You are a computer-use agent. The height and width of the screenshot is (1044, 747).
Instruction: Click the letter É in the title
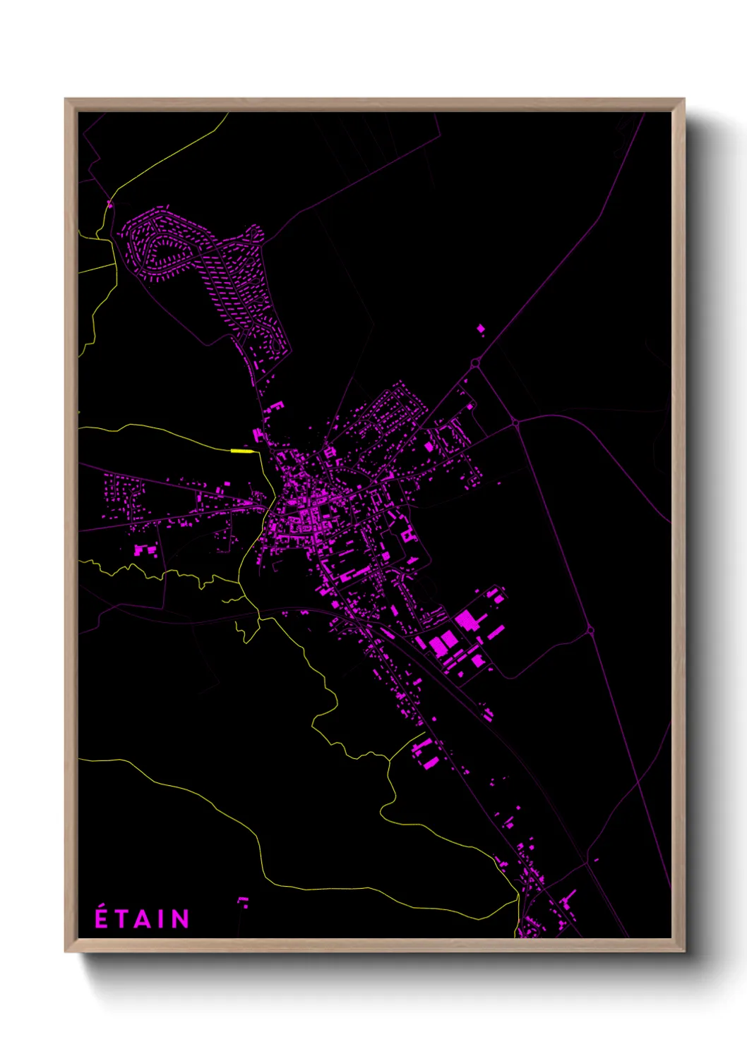(102, 918)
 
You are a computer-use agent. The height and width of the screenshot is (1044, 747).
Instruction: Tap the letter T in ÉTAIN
(121, 919)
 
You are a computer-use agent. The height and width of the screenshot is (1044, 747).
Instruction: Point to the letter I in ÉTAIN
(162, 919)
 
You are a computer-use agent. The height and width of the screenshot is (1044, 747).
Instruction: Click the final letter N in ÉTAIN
(181, 919)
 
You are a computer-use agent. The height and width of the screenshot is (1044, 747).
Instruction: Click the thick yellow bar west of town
(241, 451)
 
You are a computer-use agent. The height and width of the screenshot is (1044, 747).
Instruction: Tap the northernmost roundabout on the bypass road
(475, 363)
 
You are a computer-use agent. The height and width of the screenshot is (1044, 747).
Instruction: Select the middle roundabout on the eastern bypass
(516, 423)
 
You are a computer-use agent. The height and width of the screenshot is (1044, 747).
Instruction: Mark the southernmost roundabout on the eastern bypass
(590, 630)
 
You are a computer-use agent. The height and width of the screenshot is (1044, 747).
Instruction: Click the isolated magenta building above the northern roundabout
(481, 328)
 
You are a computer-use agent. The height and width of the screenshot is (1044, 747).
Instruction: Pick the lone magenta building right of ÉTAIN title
(243, 901)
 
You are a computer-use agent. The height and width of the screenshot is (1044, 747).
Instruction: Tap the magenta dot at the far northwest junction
(109, 205)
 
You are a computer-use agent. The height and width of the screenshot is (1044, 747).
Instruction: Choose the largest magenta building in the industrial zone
(467, 621)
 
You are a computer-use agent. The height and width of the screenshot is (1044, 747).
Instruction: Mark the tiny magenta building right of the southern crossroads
(597, 860)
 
